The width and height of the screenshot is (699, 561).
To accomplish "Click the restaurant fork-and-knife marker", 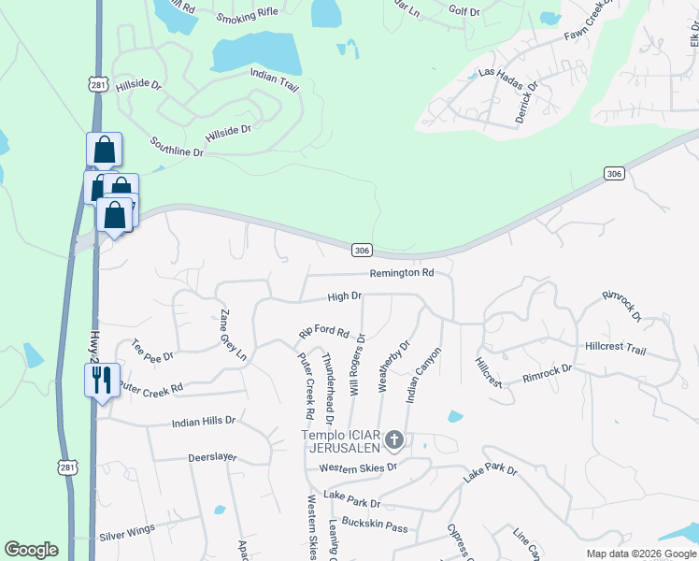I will pyautogui.click(x=102, y=380).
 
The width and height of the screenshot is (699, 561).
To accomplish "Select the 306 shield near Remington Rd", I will pyautogui.click(x=363, y=250).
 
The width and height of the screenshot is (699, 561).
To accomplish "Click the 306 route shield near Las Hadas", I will pyautogui.click(x=613, y=174).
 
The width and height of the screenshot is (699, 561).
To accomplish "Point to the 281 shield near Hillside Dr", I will pyautogui.click(x=98, y=84).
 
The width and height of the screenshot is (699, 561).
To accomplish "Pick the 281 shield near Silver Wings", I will pyautogui.click(x=66, y=467).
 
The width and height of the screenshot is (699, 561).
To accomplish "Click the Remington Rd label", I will pyautogui.click(x=402, y=273).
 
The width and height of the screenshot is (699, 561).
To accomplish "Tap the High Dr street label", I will pyautogui.click(x=344, y=296).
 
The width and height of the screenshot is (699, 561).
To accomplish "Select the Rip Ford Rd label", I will pyautogui.click(x=323, y=332).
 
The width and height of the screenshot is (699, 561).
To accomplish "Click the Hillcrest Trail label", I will pyautogui.click(x=615, y=348).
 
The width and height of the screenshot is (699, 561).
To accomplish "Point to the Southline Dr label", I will pyautogui.click(x=177, y=146).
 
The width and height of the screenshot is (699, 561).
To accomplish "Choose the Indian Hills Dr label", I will pyautogui.click(x=204, y=423).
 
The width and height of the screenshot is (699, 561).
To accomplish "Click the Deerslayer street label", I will pyautogui.click(x=212, y=458).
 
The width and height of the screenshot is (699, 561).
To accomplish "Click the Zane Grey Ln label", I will pyautogui.click(x=232, y=335).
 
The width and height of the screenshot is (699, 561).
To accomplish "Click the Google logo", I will pyautogui.click(x=31, y=550).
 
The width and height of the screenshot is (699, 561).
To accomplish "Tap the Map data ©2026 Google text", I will pyautogui.click(x=641, y=554).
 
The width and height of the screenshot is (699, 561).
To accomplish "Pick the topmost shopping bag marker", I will pyautogui.click(x=104, y=149).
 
